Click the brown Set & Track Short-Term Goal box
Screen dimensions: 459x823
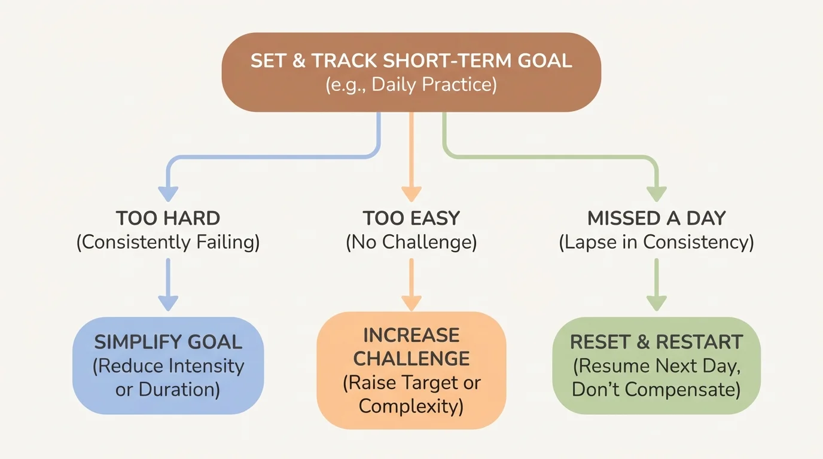411,72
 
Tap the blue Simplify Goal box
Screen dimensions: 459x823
168,365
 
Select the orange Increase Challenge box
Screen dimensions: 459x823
411,370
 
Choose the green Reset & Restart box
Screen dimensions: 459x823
656,365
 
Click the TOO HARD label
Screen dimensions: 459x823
168,218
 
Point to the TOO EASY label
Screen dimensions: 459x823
411,218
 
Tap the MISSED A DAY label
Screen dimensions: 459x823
656,218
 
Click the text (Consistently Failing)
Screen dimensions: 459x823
168,243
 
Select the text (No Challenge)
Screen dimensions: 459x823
411,243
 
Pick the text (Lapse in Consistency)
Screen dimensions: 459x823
656,243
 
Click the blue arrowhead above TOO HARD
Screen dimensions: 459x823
168,193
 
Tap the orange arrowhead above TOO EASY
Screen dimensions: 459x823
411,193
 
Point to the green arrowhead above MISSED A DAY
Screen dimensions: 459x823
656,193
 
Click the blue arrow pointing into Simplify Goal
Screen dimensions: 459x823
168,287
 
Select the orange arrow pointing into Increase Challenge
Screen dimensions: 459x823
411,287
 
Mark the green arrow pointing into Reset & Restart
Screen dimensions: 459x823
656,287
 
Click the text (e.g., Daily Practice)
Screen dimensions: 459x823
411,84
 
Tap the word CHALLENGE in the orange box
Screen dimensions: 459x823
411,359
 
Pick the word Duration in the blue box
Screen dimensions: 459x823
179,390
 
